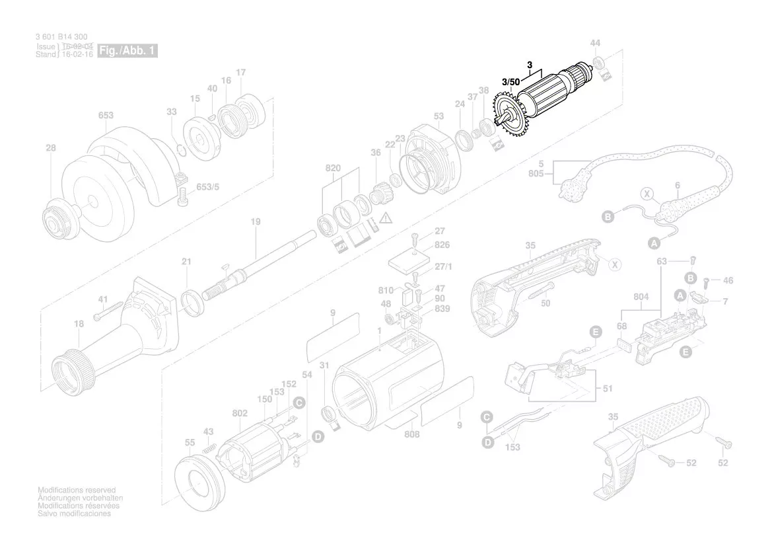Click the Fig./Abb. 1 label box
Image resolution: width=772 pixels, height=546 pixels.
click(x=127, y=51)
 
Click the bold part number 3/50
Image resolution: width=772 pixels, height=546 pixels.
click(x=510, y=82)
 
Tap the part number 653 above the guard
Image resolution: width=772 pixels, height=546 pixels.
click(x=106, y=115)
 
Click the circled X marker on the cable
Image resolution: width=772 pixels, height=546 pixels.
click(x=647, y=194)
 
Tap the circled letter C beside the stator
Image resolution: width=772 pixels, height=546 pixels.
click(x=298, y=402)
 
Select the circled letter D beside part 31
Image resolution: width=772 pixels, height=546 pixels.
click(x=318, y=436)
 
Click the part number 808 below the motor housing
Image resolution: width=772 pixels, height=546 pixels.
click(x=412, y=435)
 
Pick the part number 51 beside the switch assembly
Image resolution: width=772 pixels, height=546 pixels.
click(x=608, y=389)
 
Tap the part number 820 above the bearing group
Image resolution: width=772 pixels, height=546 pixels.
click(x=333, y=169)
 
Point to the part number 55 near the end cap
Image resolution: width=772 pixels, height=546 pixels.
click(x=190, y=442)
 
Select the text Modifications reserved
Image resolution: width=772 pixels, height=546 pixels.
click(x=76, y=490)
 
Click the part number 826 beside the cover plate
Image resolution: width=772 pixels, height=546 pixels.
click(x=442, y=245)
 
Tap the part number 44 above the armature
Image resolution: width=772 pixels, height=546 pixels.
click(x=595, y=43)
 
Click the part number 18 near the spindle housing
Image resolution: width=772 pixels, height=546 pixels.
click(x=79, y=324)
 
